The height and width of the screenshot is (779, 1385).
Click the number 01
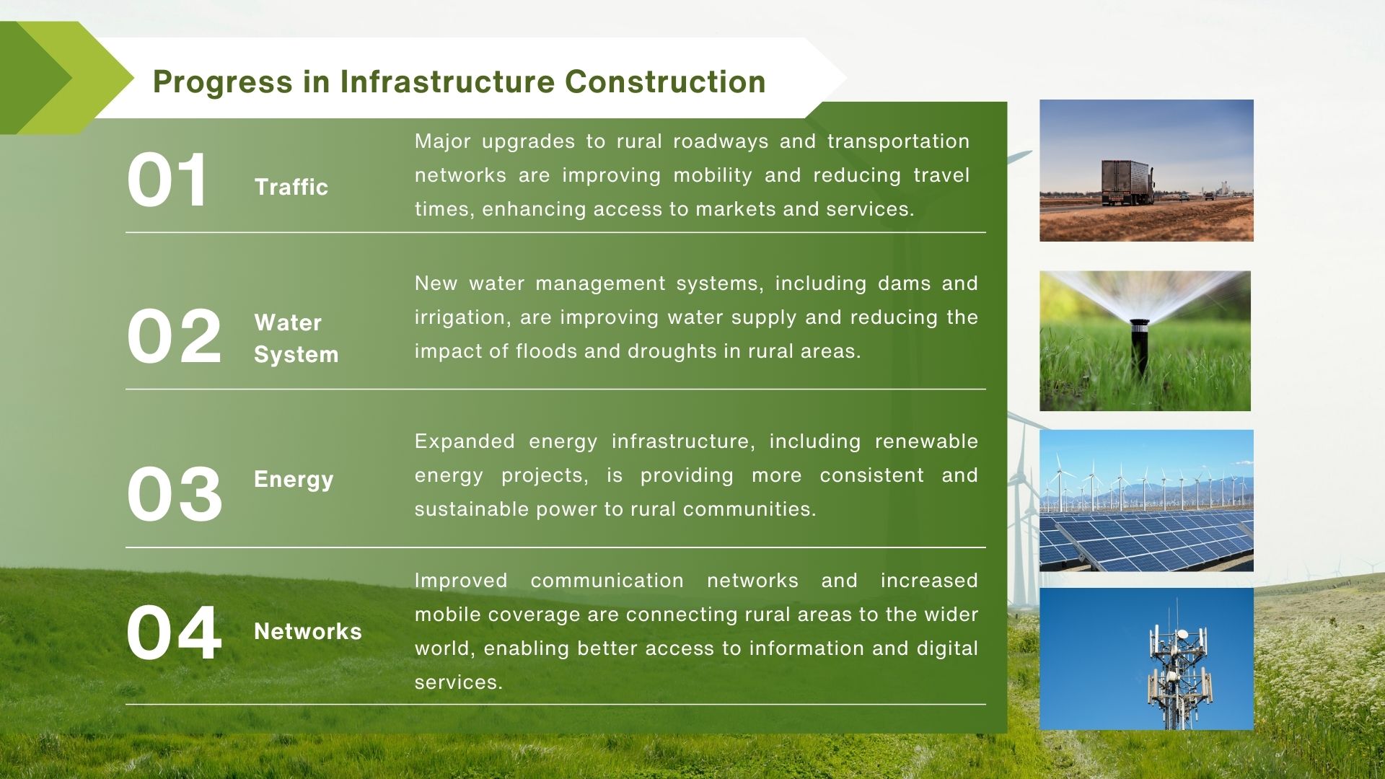167,180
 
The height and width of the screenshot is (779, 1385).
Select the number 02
174,336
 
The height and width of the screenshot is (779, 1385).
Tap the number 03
175,494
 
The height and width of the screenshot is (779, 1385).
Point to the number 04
174,633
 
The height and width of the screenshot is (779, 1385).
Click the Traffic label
291,187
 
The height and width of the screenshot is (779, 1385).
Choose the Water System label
296,338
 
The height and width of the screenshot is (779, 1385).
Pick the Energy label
294,480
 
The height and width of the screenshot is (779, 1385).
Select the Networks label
308,631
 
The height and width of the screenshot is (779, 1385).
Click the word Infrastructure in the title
447,82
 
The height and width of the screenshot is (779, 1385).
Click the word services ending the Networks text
458,682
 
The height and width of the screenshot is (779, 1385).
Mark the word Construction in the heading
665,82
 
